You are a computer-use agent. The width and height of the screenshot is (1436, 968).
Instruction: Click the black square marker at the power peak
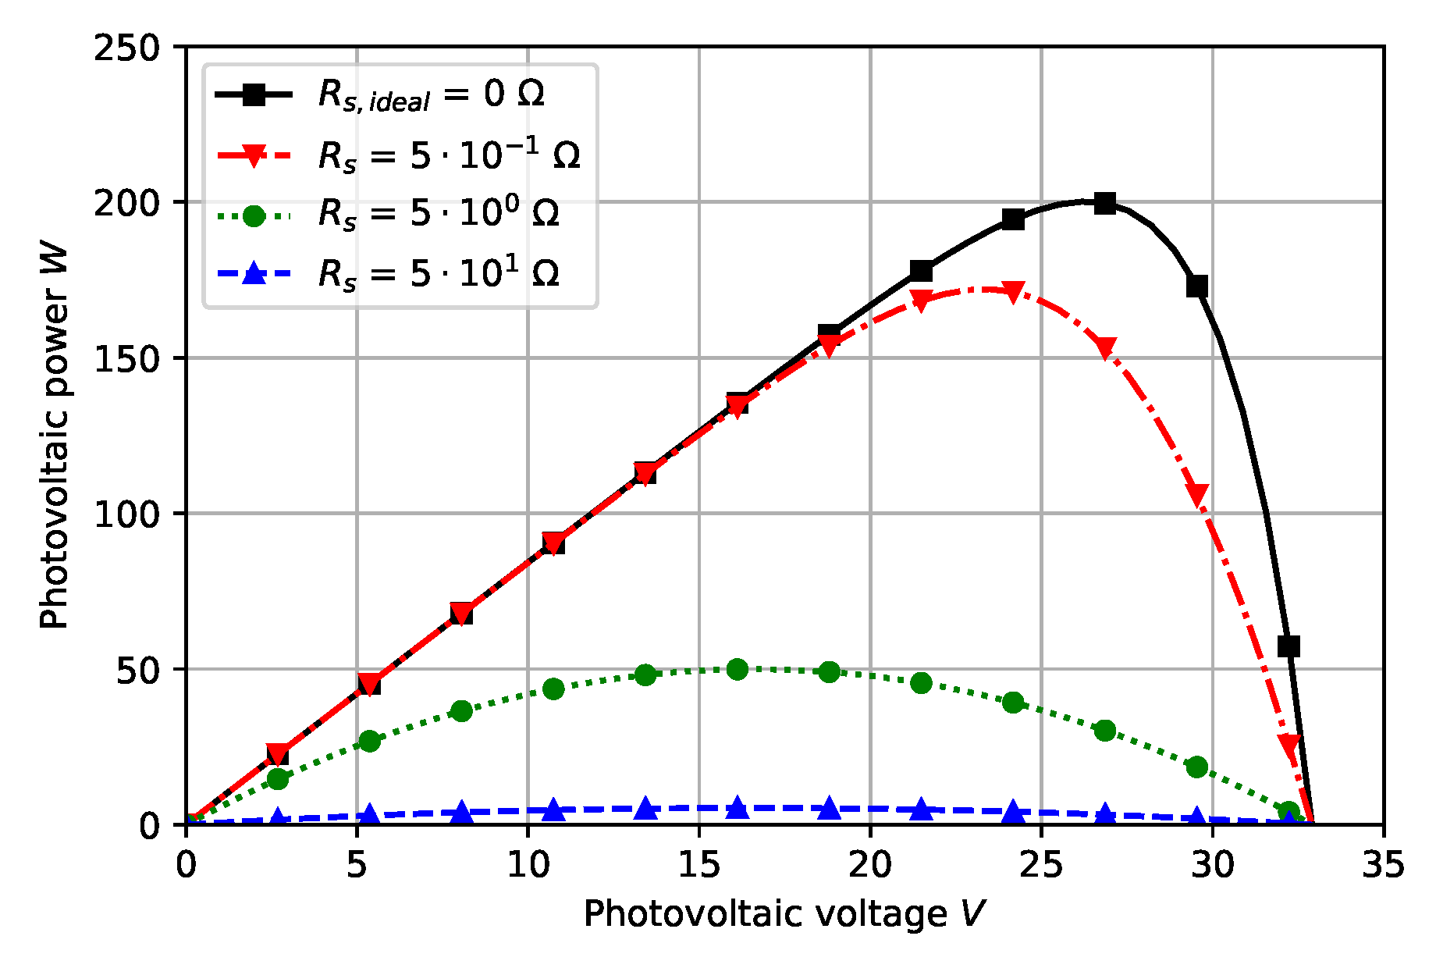(1104, 204)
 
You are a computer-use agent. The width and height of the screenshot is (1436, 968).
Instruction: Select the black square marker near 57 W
(1288, 646)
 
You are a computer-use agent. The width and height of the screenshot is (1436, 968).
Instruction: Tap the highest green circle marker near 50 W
(738, 669)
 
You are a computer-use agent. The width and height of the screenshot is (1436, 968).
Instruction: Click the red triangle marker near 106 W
(1197, 493)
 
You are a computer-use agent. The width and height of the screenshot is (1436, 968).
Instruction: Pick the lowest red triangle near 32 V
(1289, 744)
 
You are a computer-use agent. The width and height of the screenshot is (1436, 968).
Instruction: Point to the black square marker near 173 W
(1197, 286)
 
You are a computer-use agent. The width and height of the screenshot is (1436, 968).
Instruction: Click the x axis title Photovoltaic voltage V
(784, 913)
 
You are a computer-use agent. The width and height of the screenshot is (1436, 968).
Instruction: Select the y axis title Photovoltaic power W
(55, 437)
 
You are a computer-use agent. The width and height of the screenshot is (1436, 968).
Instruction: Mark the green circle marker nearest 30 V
(1197, 767)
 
